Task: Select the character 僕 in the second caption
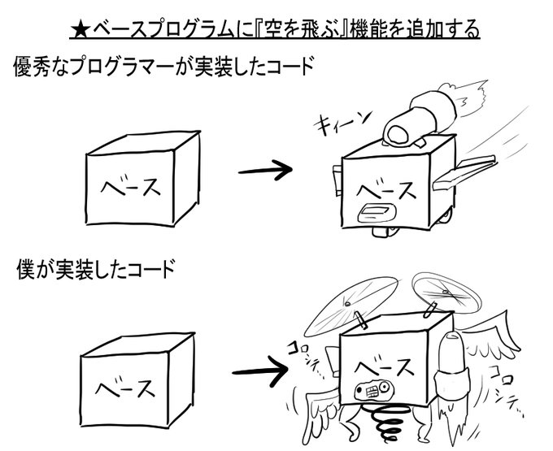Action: pos(26,269)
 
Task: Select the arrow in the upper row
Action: pos(263,171)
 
